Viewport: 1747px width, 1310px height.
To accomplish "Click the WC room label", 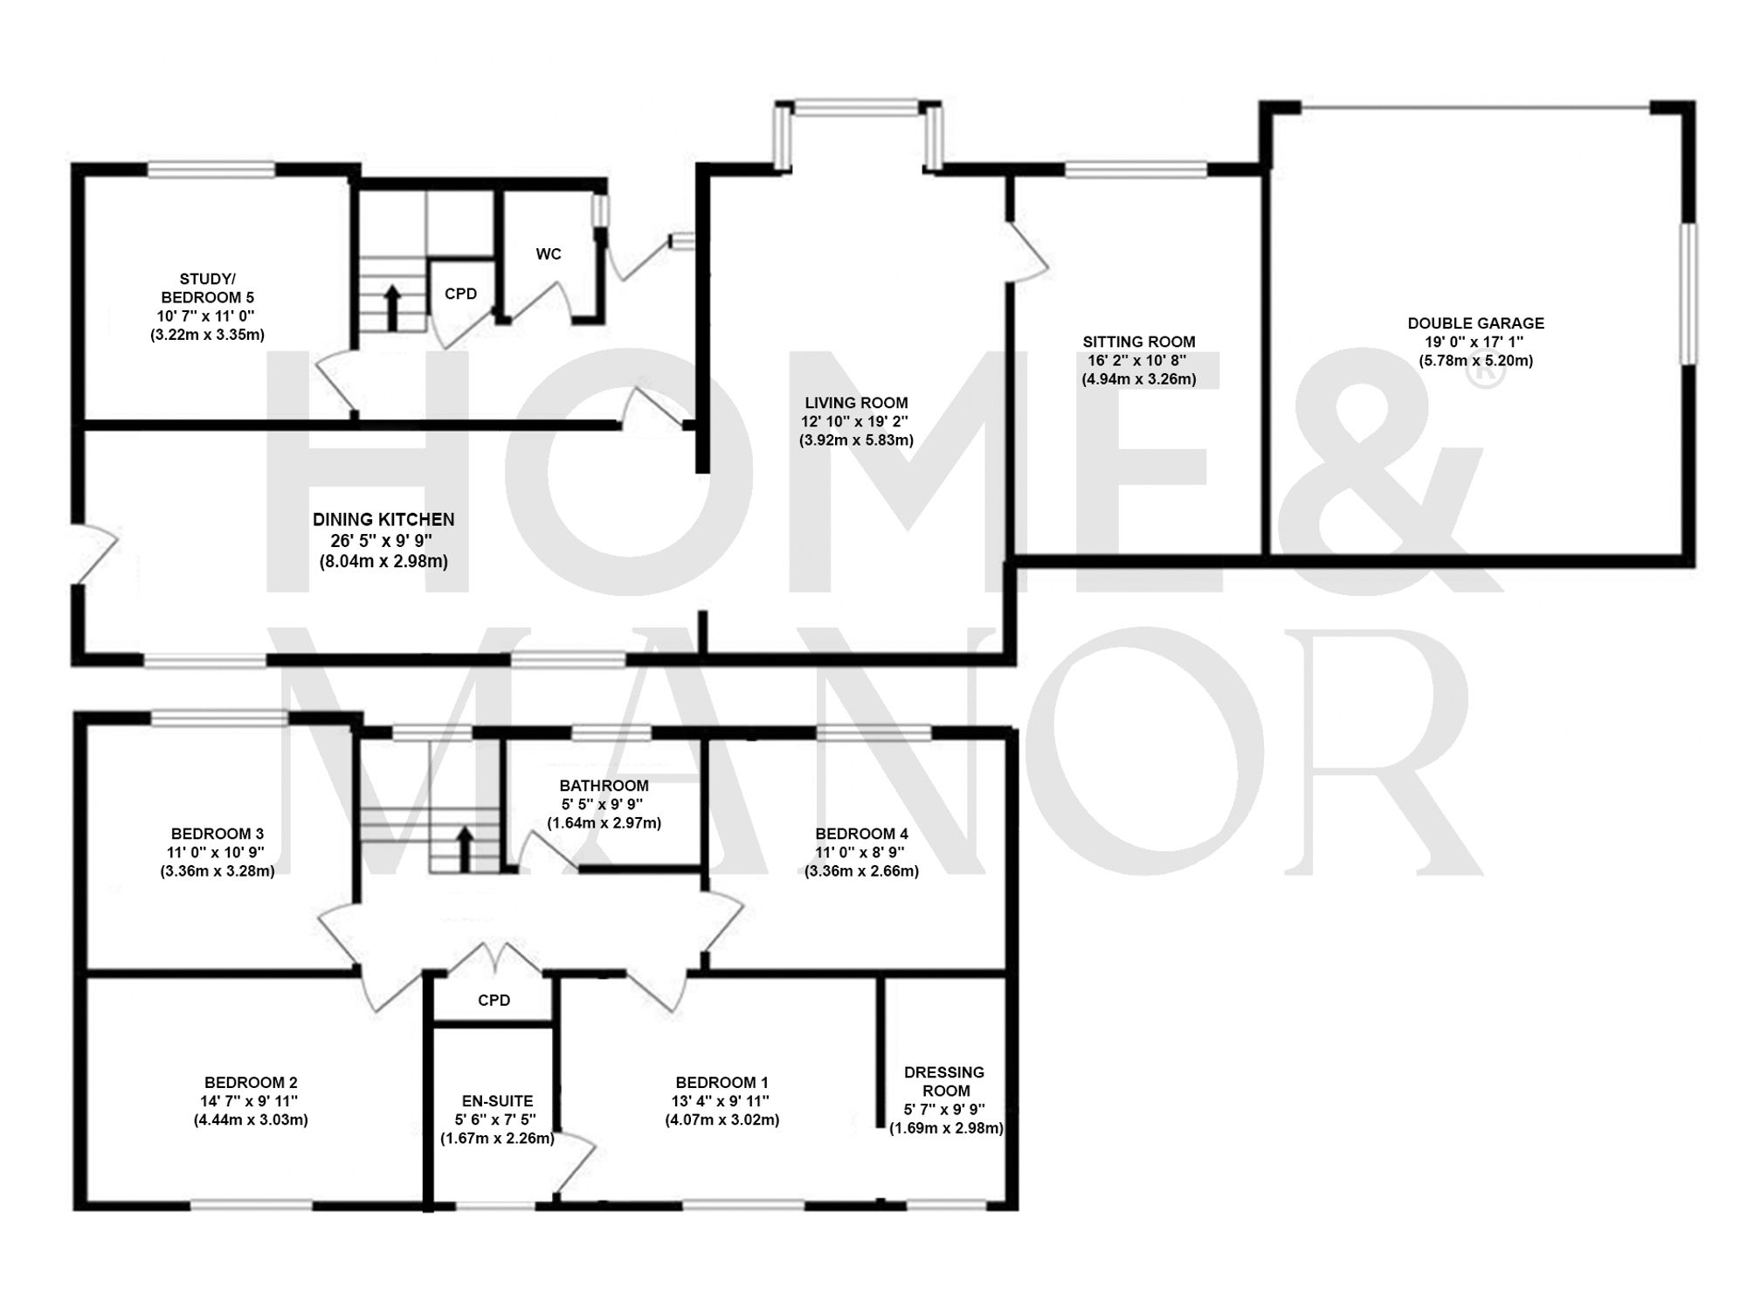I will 549,254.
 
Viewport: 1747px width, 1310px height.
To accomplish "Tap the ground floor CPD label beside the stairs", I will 460,294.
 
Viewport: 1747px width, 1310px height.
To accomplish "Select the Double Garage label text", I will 1475,323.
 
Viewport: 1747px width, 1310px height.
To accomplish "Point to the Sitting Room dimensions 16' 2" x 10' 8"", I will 1138,360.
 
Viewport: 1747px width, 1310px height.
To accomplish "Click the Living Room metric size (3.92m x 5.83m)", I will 856,440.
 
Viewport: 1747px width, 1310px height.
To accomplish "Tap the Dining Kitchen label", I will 383,520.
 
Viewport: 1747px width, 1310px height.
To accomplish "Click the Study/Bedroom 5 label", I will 207,288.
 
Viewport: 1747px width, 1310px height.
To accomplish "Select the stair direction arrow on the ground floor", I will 392,308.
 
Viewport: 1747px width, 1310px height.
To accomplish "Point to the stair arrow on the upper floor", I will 465,849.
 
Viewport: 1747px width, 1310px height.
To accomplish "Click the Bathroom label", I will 604,786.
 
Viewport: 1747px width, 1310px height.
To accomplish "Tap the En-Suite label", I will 497,1101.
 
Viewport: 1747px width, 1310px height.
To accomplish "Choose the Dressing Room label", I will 945,1081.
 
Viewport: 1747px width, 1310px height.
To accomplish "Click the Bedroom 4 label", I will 860,834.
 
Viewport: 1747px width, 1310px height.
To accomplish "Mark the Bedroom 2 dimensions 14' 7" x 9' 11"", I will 251,1101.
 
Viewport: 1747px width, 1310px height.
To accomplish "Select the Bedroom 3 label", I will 217,834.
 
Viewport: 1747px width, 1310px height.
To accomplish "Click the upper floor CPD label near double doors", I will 494,1000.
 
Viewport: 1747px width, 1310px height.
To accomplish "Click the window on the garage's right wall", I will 1690,293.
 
